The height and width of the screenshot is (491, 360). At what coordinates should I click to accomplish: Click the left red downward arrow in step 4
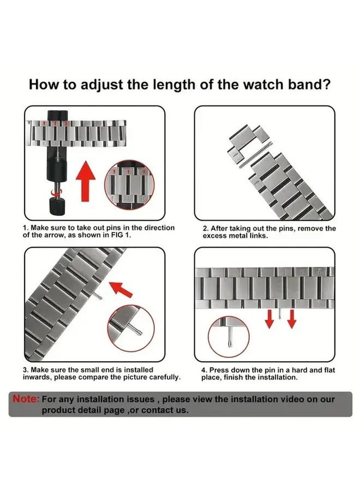click(x=269, y=320)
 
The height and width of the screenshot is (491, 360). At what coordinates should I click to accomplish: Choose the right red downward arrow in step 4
click(x=292, y=320)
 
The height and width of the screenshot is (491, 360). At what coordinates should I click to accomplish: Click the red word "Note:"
click(x=26, y=399)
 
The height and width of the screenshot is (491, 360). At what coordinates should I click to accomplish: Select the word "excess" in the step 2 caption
click(x=215, y=236)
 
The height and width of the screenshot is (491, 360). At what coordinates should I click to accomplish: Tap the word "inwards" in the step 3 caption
click(x=36, y=378)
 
